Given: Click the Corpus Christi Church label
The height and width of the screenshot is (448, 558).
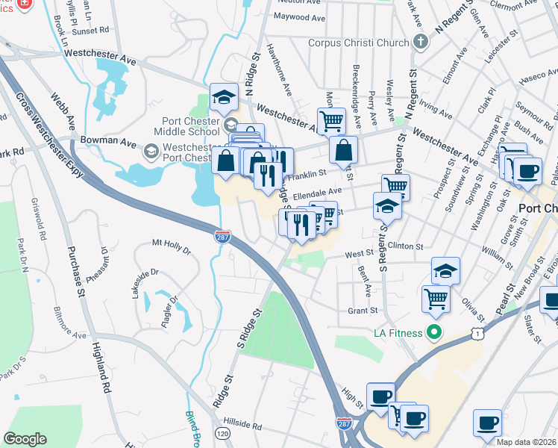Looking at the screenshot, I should (x=359, y=43).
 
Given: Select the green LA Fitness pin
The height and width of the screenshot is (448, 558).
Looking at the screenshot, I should (x=431, y=332).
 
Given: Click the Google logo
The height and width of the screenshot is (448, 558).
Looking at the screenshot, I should (x=25, y=438).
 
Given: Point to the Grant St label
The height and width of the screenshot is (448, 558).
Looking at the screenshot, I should (x=363, y=311).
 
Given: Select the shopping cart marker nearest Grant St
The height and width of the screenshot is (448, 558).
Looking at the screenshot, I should (x=436, y=298).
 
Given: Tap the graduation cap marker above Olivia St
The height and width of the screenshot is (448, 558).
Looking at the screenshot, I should (x=445, y=270).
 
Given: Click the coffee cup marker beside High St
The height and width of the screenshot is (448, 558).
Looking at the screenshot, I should (x=380, y=396).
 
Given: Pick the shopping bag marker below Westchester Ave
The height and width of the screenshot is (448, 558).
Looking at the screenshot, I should (x=342, y=149).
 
